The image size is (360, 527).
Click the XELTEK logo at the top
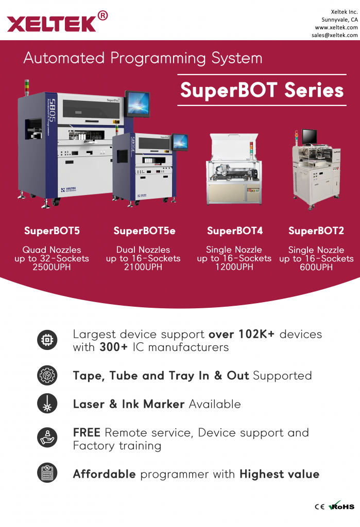[x=57, y=22]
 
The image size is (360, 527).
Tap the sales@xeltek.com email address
[x=334, y=36]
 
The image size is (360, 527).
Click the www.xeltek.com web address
[x=336, y=28]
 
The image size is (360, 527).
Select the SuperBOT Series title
[x=262, y=90]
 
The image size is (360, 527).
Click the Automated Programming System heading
[x=143, y=58]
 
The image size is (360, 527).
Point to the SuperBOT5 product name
[x=52, y=231]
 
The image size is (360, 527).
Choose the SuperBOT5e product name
[x=144, y=231]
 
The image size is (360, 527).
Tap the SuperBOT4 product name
[x=235, y=231]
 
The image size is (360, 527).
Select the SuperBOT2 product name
[x=316, y=231]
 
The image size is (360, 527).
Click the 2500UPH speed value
[x=52, y=267]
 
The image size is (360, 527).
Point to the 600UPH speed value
[x=316, y=267]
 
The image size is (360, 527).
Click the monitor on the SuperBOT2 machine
[x=309, y=136]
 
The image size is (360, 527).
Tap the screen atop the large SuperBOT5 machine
[x=138, y=103]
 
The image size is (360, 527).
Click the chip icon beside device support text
[x=47, y=340]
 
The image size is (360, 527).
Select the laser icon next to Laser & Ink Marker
[x=47, y=403]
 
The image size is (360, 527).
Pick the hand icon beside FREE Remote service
[x=47, y=437]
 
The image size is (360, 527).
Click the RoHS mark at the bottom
[x=341, y=506]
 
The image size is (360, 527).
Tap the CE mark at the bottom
[x=319, y=507]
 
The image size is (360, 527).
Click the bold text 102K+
[x=256, y=335]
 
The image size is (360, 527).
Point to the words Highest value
[x=279, y=474]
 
